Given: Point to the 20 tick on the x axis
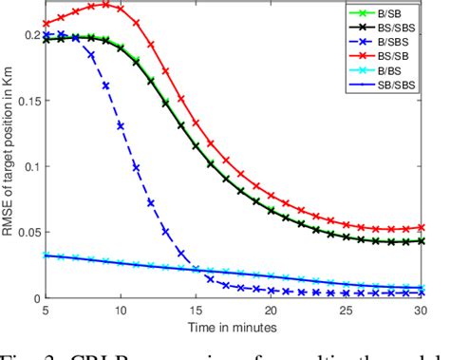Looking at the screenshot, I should click(x=271, y=311).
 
